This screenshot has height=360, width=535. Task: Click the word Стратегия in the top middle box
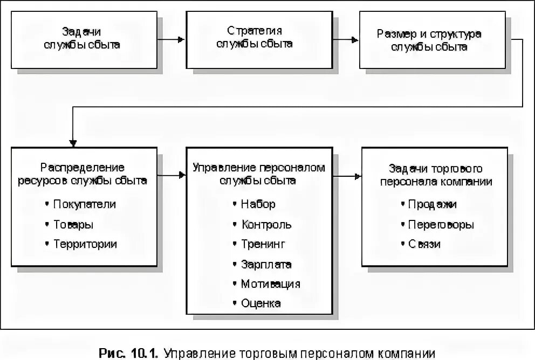coord(255,31)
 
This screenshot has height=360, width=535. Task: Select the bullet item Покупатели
coord(85,204)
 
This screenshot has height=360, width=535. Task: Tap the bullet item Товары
coord(73,224)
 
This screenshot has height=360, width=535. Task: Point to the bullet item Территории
coord(85,244)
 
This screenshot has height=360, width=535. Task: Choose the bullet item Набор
coord(258,204)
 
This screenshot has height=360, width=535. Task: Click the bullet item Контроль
coord(266,224)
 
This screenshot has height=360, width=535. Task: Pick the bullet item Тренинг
coord(263,244)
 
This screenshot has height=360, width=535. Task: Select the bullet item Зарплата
coord(266,264)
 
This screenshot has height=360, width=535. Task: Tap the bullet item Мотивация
coord(271,283)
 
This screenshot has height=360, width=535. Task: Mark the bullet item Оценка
coord(261,303)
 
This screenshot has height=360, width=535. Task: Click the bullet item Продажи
coord(432,204)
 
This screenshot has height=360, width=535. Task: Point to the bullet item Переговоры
coord(441,224)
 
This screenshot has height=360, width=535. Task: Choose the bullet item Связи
coord(424,244)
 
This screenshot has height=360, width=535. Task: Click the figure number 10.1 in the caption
coord(142,354)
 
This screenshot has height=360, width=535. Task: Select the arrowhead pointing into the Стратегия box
coord(181,39)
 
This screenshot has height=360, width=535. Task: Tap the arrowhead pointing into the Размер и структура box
coord(354,39)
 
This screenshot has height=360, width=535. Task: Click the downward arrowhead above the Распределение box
coord(73,143)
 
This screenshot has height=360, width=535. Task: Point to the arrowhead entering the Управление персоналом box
coord(181,176)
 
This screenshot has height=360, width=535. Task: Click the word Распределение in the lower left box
coord(83,168)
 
